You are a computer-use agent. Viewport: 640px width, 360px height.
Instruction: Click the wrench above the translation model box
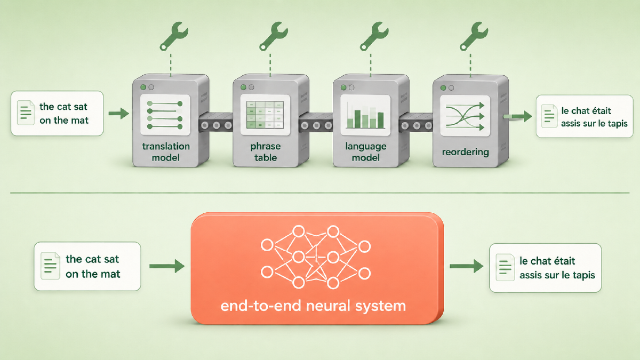click(173, 36)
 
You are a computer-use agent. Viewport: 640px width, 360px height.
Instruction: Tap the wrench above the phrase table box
click(273, 36)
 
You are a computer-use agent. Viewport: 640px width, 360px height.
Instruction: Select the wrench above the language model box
click(373, 36)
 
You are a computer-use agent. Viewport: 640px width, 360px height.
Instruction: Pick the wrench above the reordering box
click(474, 36)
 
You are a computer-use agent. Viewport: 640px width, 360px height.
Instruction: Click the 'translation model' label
click(166, 151)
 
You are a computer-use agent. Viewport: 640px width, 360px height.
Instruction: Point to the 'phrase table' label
click(266, 151)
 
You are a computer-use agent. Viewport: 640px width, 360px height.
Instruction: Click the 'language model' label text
click(366, 151)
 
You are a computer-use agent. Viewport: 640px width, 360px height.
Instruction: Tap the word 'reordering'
click(466, 152)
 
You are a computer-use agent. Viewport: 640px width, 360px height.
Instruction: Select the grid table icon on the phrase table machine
click(265, 115)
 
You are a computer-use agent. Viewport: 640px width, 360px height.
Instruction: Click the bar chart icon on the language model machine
click(365, 115)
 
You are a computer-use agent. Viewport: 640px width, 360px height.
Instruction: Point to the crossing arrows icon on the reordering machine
click(465, 116)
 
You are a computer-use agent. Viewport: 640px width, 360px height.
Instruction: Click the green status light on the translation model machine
click(143, 87)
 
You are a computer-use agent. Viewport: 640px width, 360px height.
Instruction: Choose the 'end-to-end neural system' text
click(313, 306)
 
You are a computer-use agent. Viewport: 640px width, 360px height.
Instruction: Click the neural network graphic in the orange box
click(316, 257)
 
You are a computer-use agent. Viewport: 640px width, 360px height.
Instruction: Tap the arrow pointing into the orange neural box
click(167, 266)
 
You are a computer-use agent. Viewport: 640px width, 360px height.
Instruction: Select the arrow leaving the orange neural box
click(467, 266)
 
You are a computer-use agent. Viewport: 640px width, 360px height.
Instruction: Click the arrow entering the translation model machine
click(119, 114)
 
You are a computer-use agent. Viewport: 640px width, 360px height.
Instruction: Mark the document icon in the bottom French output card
click(505, 267)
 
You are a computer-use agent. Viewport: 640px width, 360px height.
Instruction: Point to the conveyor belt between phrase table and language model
click(316, 122)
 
